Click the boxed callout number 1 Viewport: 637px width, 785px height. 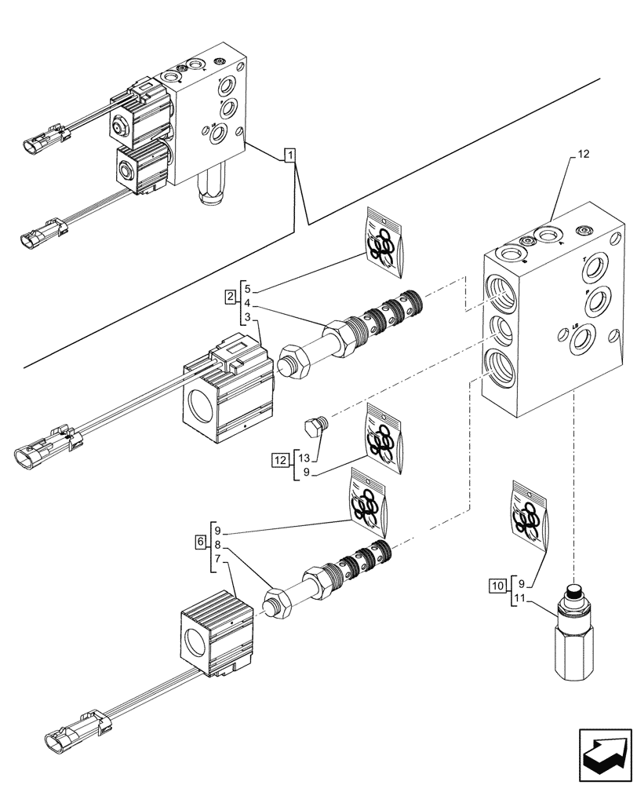click(290, 155)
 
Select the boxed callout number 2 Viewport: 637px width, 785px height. click(229, 297)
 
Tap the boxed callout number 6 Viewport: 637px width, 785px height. click(201, 542)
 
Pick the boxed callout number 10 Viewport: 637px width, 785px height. click(497, 585)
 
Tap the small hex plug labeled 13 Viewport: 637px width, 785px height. click(313, 425)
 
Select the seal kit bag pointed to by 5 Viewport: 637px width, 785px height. click(384, 243)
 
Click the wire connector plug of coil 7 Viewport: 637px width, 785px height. click(64, 739)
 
